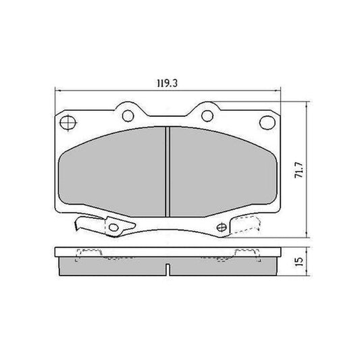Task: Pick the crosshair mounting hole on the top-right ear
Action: (265, 122)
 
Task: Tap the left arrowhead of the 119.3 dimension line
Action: (55, 93)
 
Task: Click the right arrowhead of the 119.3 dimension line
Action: (278, 93)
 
